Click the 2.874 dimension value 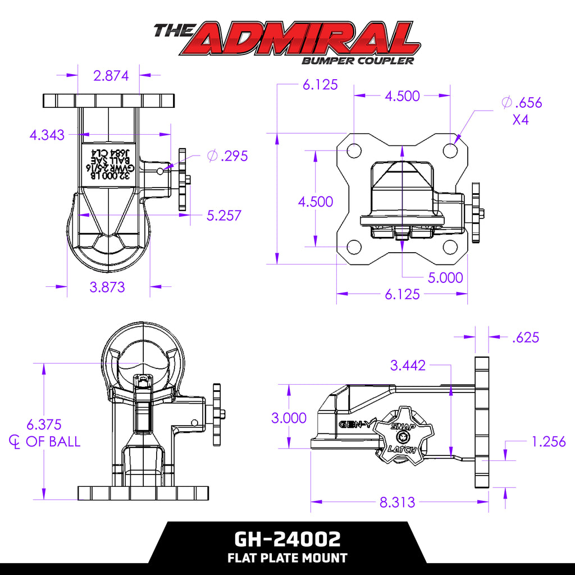pyautogui.click(x=111, y=75)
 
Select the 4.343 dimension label pyautogui.click(x=47, y=135)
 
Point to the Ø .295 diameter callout pyautogui.click(x=227, y=156)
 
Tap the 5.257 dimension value pyautogui.click(x=224, y=215)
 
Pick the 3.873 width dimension pyautogui.click(x=107, y=287)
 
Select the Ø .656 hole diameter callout pyautogui.click(x=522, y=102)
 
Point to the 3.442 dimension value pyautogui.click(x=408, y=366)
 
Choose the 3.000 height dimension pyautogui.click(x=289, y=418)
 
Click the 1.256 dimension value pyautogui.click(x=548, y=442)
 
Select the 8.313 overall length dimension pyautogui.click(x=397, y=502)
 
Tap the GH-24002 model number pyautogui.click(x=287, y=540)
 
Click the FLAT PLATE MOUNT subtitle pyautogui.click(x=287, y=558)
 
